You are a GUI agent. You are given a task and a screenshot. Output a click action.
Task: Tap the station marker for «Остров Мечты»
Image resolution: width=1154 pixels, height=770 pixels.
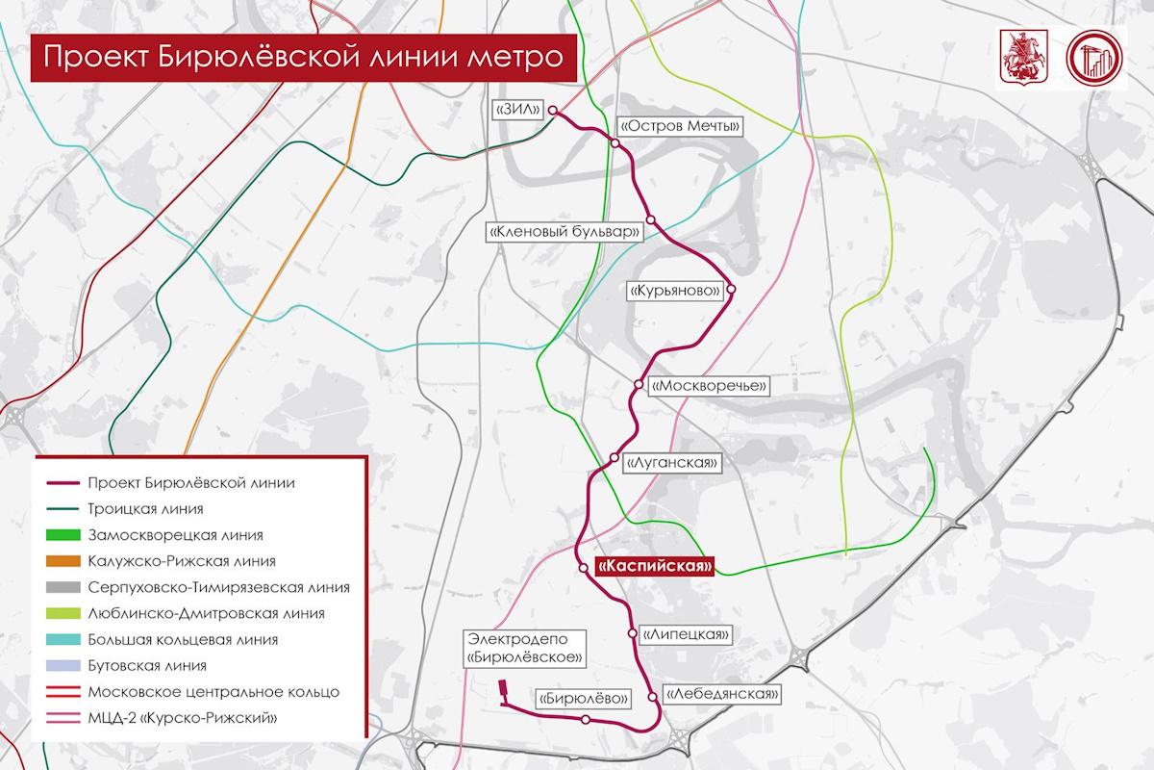click(x=615, y=143)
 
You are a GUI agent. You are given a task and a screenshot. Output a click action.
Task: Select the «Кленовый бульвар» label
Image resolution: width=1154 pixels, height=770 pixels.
click(x=564, y=233)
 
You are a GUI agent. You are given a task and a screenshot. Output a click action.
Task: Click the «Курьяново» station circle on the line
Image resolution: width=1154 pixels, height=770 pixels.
click(x=731, y=289)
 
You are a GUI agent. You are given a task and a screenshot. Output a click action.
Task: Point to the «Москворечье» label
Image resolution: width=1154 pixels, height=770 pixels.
click(x=711, y=385)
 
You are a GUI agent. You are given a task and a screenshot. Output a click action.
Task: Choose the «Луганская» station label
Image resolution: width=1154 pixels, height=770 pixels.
click(x=672, y=462)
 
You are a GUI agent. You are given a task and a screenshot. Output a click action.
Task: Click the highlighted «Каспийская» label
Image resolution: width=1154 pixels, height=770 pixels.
click(x=654, y=568)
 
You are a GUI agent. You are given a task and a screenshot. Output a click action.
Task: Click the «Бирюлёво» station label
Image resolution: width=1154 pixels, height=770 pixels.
click(x=585, y=699)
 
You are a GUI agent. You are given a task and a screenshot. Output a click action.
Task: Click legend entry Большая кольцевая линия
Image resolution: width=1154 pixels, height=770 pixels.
click(x=182, y=639)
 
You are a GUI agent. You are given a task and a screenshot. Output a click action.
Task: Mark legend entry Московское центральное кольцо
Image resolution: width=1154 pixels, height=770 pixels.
click(x=212, y=691)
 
